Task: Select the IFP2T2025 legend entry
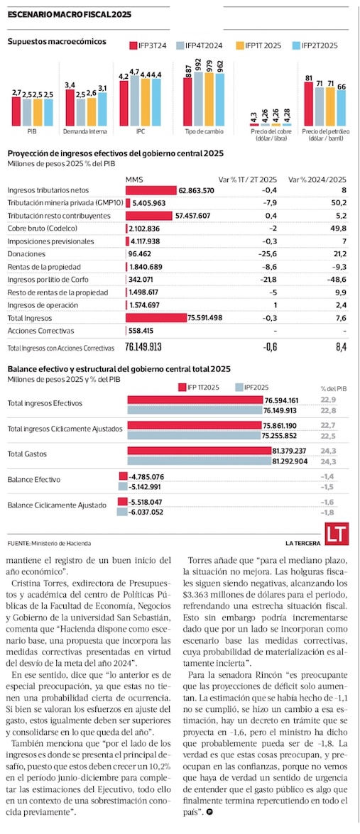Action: click(x=315, y=45)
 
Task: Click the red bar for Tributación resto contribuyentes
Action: click(x=149, y=215)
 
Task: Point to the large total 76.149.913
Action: click(x=143, y=347)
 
